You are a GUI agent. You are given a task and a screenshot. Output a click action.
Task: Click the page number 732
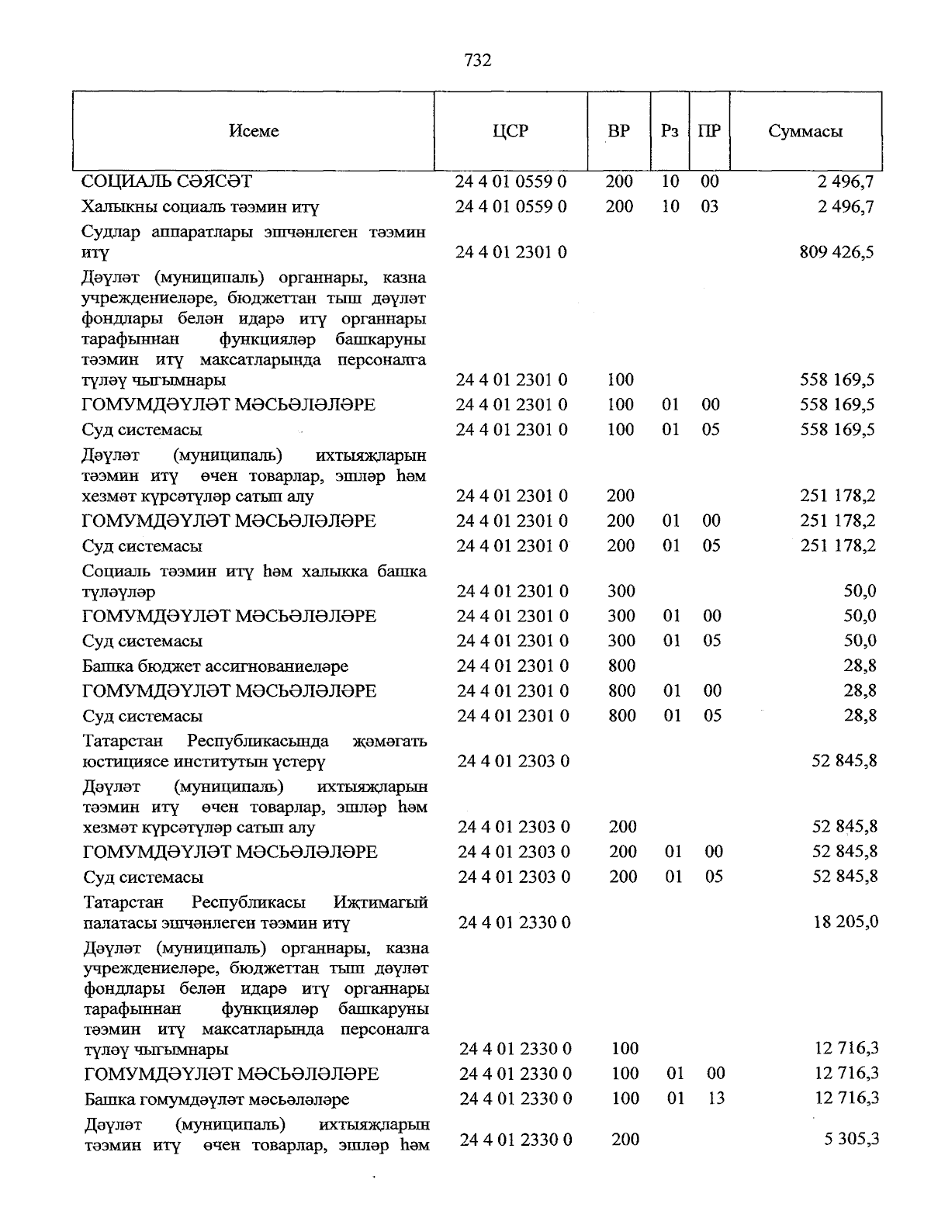[x=477, y=61]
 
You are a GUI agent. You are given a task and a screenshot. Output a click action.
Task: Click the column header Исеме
[x=254, y=131]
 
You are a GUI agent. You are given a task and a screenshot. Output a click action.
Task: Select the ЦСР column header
[x=510, y=131]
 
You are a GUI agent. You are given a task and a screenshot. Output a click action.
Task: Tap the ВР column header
[x=618, y=131]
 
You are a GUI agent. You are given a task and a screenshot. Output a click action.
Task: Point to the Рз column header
[x=669, y=131]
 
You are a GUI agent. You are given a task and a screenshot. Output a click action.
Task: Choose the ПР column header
[x=708, y=131]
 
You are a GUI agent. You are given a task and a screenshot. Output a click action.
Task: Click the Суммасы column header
[x=805, y=131]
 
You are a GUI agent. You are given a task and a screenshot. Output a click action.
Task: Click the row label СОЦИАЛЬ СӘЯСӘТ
[x=167, y=182]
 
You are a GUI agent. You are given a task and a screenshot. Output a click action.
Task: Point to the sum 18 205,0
[x=845, y=922]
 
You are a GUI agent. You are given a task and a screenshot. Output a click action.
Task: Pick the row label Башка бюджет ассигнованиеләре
[x=215, y=666]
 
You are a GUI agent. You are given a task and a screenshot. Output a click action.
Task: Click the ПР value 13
[x=715, y=1098]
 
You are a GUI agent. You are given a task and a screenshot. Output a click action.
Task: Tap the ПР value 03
[x=709, y=206]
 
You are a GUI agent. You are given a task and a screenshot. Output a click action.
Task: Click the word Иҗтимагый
[x=380, y=903]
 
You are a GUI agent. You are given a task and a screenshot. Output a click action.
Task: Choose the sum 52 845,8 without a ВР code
[x=844, y=761]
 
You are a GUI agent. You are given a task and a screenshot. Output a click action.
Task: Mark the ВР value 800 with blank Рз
[x=622, y=666]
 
